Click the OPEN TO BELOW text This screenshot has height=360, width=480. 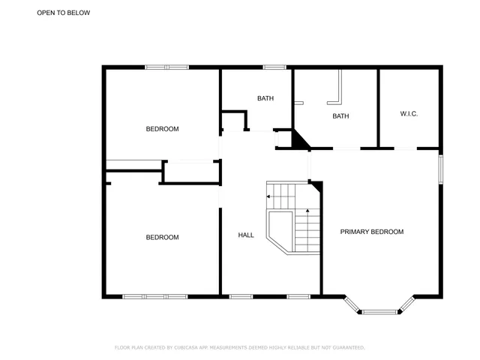pos(64,13)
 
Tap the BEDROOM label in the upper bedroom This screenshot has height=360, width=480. pos(162,129)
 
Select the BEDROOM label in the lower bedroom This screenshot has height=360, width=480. pos(162,237)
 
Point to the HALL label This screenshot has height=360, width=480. pos(246,235)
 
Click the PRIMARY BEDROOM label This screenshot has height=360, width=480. pos(372,232)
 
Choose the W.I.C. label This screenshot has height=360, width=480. pos(409,114)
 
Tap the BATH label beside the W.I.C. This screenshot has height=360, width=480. pos(340,115)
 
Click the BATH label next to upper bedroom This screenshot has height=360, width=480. pos(265,98)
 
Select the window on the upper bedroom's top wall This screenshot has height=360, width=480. pos(167,67)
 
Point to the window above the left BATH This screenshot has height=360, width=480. pos(274,67)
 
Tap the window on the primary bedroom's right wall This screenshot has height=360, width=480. pos(440,168)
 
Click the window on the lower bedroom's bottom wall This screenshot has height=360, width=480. pos(155,296)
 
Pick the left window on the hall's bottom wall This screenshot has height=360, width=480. pos(240,296)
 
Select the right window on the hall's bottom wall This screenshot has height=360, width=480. pos(298,296)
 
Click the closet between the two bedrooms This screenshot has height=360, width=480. pos(190,172)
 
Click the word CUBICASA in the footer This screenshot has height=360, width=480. pos(185,347)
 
